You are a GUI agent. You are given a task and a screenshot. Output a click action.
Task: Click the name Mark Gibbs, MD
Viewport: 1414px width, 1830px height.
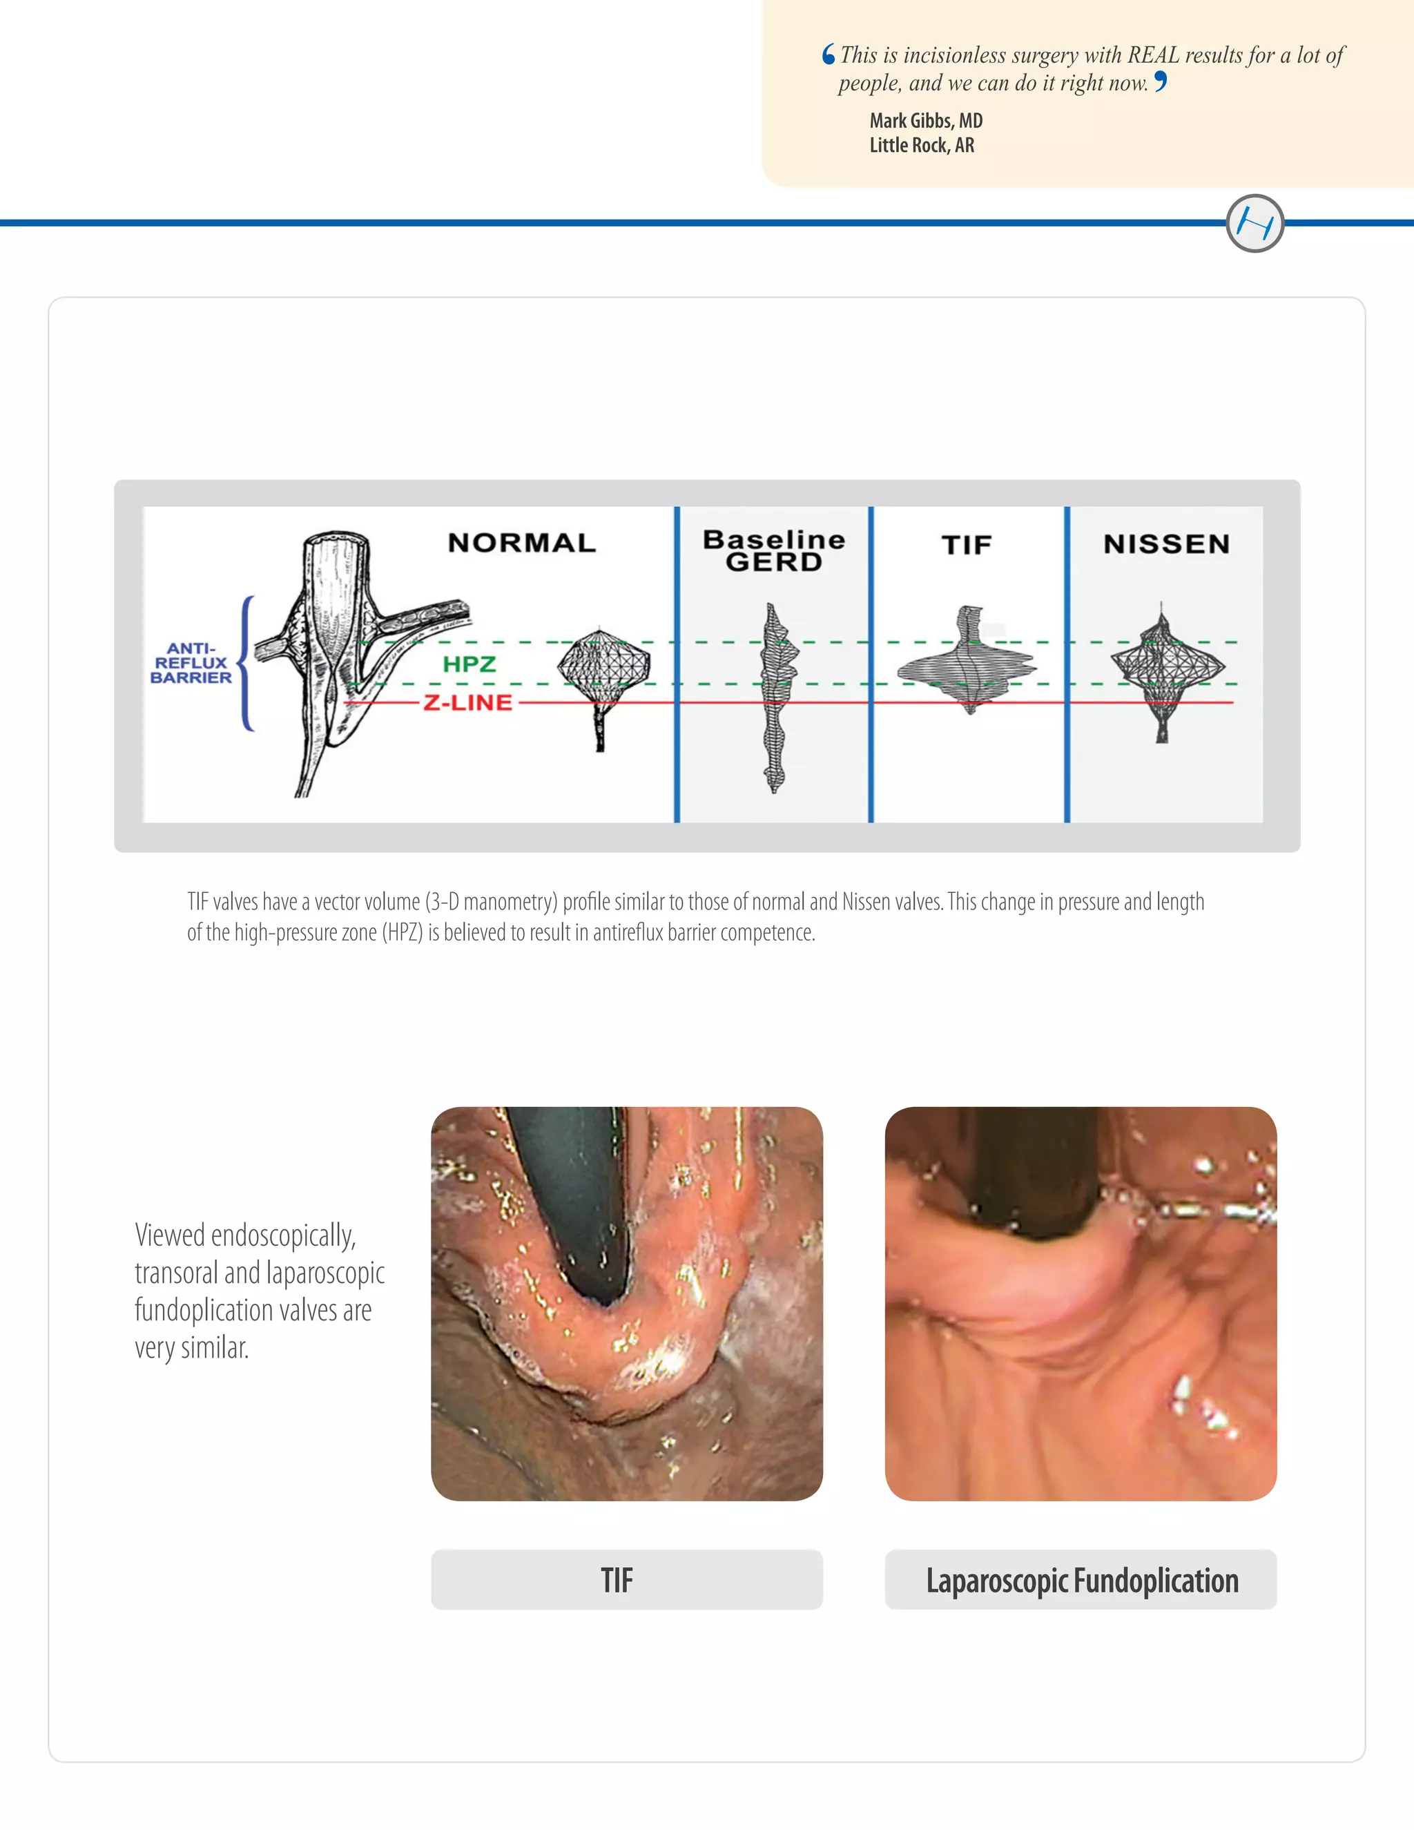click(926, 121)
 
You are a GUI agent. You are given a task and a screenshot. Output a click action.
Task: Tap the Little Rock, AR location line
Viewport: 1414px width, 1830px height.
click(922, 145)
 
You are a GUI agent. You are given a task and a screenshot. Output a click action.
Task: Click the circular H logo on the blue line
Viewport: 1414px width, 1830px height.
click(1254, 224)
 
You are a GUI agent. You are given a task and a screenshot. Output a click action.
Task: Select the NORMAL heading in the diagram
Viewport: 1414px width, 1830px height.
click(522, 543)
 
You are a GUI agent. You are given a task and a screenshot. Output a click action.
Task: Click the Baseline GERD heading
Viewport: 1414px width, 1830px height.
click(774, 550)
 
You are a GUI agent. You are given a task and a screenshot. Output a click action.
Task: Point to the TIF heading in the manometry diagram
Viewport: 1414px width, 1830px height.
click(967, 546)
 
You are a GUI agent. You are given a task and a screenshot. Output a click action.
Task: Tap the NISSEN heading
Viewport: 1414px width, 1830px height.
click(1166, 545)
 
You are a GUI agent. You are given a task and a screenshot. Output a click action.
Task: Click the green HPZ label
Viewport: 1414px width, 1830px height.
click(469, 664)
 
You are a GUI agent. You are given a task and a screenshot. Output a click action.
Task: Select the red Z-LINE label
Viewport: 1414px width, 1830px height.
click(467, 702)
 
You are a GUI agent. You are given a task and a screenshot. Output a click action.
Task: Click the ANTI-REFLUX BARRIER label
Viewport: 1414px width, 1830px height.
click(191, 663)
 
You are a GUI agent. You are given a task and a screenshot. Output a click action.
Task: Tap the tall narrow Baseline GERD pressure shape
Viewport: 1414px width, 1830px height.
click(775, 697)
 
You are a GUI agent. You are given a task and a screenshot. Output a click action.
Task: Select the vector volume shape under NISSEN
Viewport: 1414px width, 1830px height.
click(1165, 666)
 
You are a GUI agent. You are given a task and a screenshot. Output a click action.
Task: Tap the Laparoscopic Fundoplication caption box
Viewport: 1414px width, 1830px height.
click(1081, 1579)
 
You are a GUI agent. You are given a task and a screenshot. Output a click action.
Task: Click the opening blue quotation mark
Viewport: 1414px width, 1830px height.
click(829, 55)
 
